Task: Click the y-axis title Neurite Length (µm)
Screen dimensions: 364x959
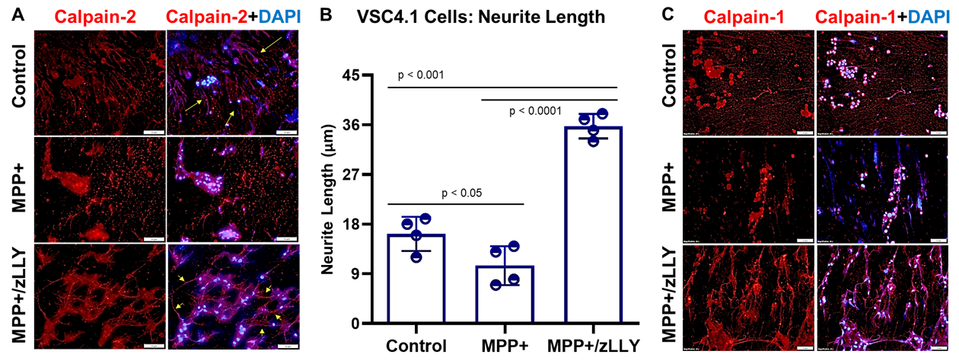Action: [329, 200]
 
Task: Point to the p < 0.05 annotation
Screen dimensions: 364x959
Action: [457, 193]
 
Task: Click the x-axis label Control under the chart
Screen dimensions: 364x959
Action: [416, 345]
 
